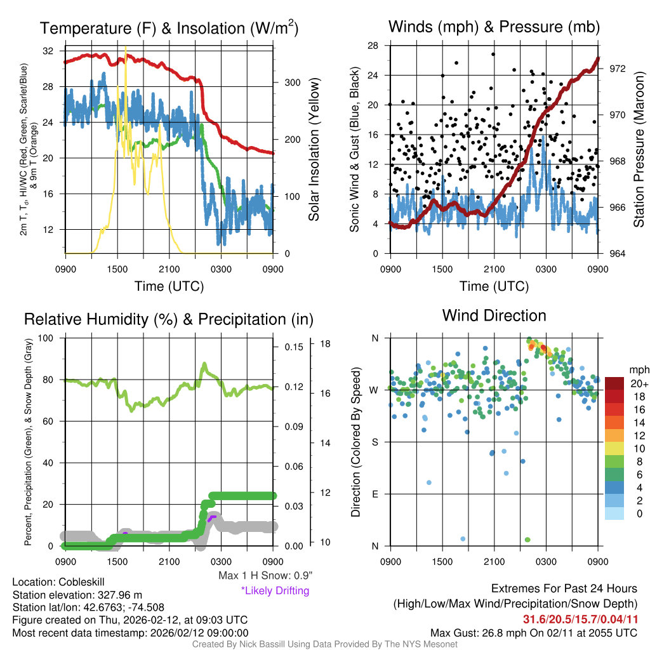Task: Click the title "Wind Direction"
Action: pos(494,315)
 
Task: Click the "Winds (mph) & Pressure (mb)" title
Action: pos(494,27)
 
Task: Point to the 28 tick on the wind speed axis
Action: pos(373,46)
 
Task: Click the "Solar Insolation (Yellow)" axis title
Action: pos(314,149)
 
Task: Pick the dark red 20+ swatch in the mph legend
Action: pos(614,383)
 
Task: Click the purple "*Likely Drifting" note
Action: pos(275,590)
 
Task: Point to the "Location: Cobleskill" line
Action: pos(58,582)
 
